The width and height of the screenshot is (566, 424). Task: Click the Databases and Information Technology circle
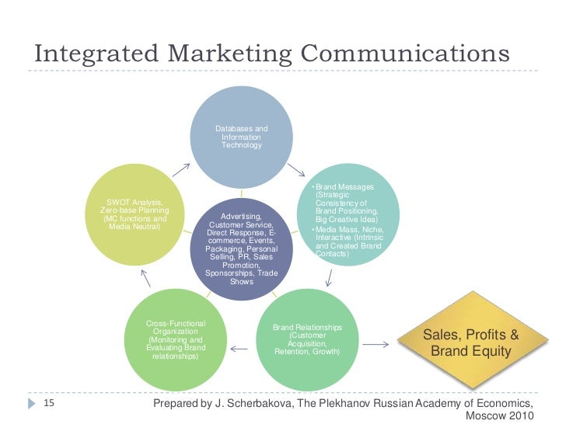coord(242,136)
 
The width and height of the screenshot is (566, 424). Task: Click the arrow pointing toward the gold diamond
coord(377,344)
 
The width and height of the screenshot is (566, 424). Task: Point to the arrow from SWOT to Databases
coord(180,169)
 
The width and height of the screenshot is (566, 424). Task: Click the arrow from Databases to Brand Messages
coord(296,169)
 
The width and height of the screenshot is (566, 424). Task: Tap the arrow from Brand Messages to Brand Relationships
coord(329,277)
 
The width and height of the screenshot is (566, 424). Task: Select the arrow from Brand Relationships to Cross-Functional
coord(239,349)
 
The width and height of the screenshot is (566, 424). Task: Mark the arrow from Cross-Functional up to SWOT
coord(144,277)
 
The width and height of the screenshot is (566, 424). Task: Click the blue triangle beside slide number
coord(30,404)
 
